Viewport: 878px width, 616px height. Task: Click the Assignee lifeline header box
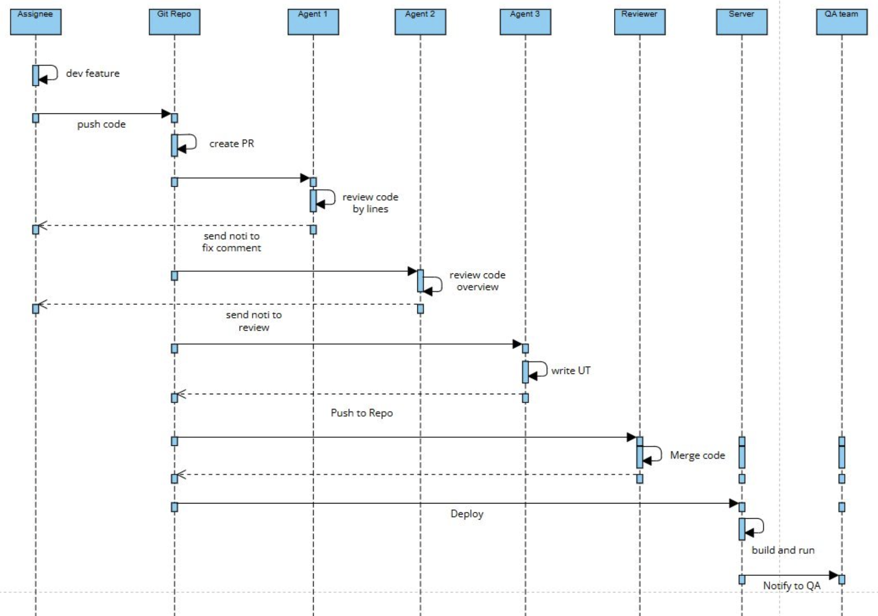click(x=35, y=22)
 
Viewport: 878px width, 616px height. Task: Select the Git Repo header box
click(x=174, y=22)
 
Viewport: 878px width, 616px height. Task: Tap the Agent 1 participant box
click(x=313, y=22)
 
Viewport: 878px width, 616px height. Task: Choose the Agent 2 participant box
click(x=420, y=22)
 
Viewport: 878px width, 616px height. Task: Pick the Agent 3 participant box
click(x=525, y=22)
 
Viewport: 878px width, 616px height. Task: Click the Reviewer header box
click(x=639, y=22)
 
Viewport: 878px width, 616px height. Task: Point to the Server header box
click(x=742, y=22)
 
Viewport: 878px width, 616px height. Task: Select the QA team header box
click(x=842, y=22)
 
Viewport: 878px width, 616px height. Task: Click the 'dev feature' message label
click(x=93, y=73)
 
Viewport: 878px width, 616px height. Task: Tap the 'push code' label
click(x=101, y=124)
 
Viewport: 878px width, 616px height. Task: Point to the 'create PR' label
click(x=232, y=144)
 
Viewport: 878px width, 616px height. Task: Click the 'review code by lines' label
click(x=370, y=203)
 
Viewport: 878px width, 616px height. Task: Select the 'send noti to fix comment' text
click(x=231, y=242)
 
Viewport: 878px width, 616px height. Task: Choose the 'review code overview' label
click(x=477, y=281)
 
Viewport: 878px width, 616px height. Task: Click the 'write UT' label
click(x=571, y=371)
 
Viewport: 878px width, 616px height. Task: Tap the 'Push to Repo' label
click(x=362, y=413)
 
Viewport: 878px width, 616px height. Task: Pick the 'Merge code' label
click(x=697, y=456)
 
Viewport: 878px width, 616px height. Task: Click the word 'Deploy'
click(x=467, y=514)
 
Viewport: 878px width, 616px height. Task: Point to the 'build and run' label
click(x=783, y=550)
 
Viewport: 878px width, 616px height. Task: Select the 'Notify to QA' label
click(x=791, y=586)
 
